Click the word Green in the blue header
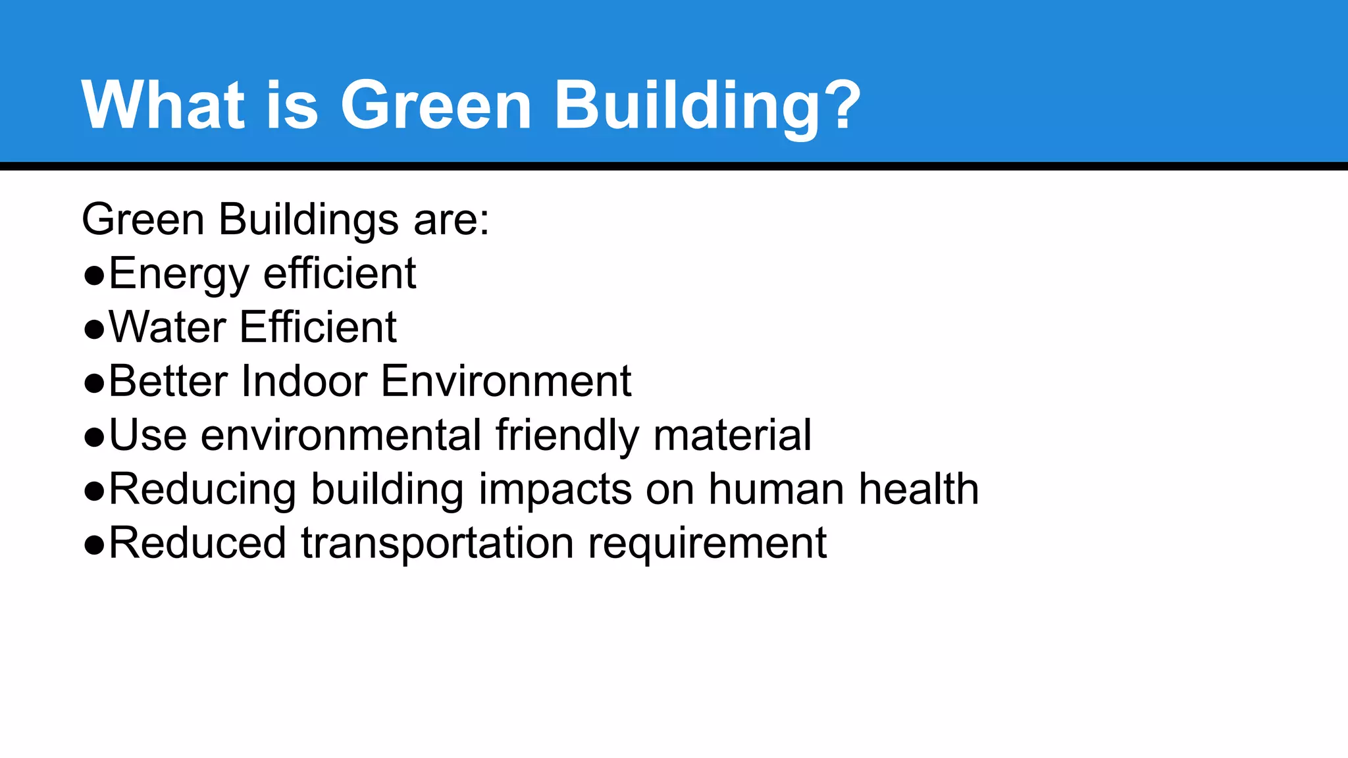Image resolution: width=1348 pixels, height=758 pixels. pyautogui.click(x=436, y=105)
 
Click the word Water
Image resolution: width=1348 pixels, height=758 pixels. pyautogui.click(x=167, y=327)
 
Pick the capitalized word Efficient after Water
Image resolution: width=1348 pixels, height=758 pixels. pyautogui.click(x=318, y=327)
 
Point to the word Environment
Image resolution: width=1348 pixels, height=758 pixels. pyautogui.click(x=506, y=381)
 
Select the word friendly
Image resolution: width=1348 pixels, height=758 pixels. pyautogui.click(x=567, y=436)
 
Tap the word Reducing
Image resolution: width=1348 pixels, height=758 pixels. pyautogui.click(x=202, y=490)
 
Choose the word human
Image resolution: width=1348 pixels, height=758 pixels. pyautogui.click(x=776, y=489)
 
